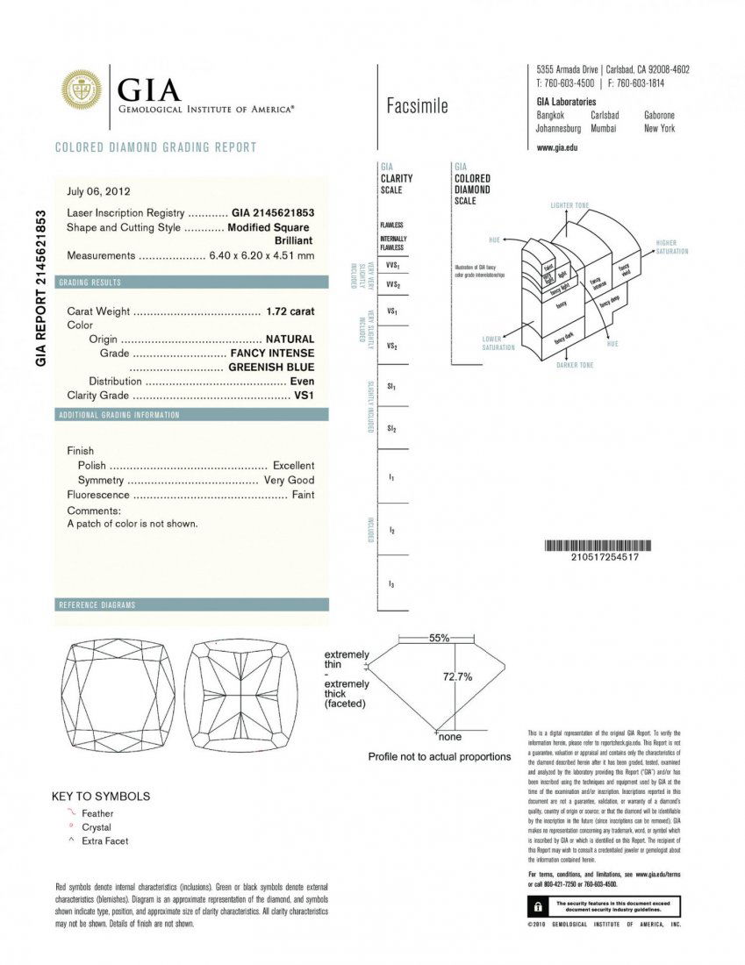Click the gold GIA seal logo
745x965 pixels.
[81, 89]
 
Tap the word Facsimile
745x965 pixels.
[417, 107]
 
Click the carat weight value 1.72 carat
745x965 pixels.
[290, 311]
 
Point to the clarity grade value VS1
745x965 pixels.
[304, 396]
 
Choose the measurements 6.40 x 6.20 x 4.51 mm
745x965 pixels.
[261, 255]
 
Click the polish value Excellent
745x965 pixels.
[293, 465]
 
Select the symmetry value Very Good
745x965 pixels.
[289, 480]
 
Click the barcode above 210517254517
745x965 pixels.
[605, 545]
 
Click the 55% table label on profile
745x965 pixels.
[439, 638]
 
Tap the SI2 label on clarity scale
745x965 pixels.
[391, 428]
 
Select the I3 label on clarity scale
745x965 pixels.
[390, 583]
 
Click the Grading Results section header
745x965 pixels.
[90, 282]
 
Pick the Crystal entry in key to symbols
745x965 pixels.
[97, 827]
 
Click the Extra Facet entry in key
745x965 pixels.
[104, 840]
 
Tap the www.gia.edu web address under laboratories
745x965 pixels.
[556, 147]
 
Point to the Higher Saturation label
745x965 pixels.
[671, 247]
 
